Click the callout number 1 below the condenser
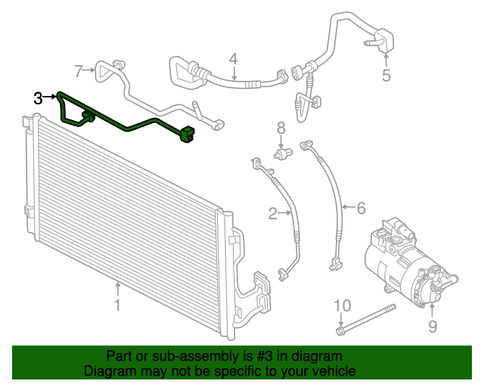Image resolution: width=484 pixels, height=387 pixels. click(x=117, y=305)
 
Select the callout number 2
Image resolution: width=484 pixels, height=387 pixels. click(x=273, y=214)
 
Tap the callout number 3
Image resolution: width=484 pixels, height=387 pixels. click(x=39, y=97)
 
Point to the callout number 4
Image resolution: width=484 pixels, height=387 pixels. click(x=234, y=58)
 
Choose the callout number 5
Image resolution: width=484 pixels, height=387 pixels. click(x=386, y=75)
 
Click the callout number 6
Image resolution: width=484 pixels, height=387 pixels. click(x=361, y=206)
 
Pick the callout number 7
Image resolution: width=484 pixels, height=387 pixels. click(x=79, y=71)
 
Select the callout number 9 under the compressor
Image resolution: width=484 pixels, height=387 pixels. click(x=433, y=326)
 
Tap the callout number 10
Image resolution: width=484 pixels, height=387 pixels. click(x=343, y=305)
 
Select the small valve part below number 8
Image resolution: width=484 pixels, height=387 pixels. click(x=282, y=153)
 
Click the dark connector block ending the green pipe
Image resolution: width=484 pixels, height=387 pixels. click(x=188, y=137)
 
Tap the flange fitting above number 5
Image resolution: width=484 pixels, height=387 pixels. click(x=383, y=39)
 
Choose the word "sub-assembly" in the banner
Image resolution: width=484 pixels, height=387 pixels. click(x=181, y=356)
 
